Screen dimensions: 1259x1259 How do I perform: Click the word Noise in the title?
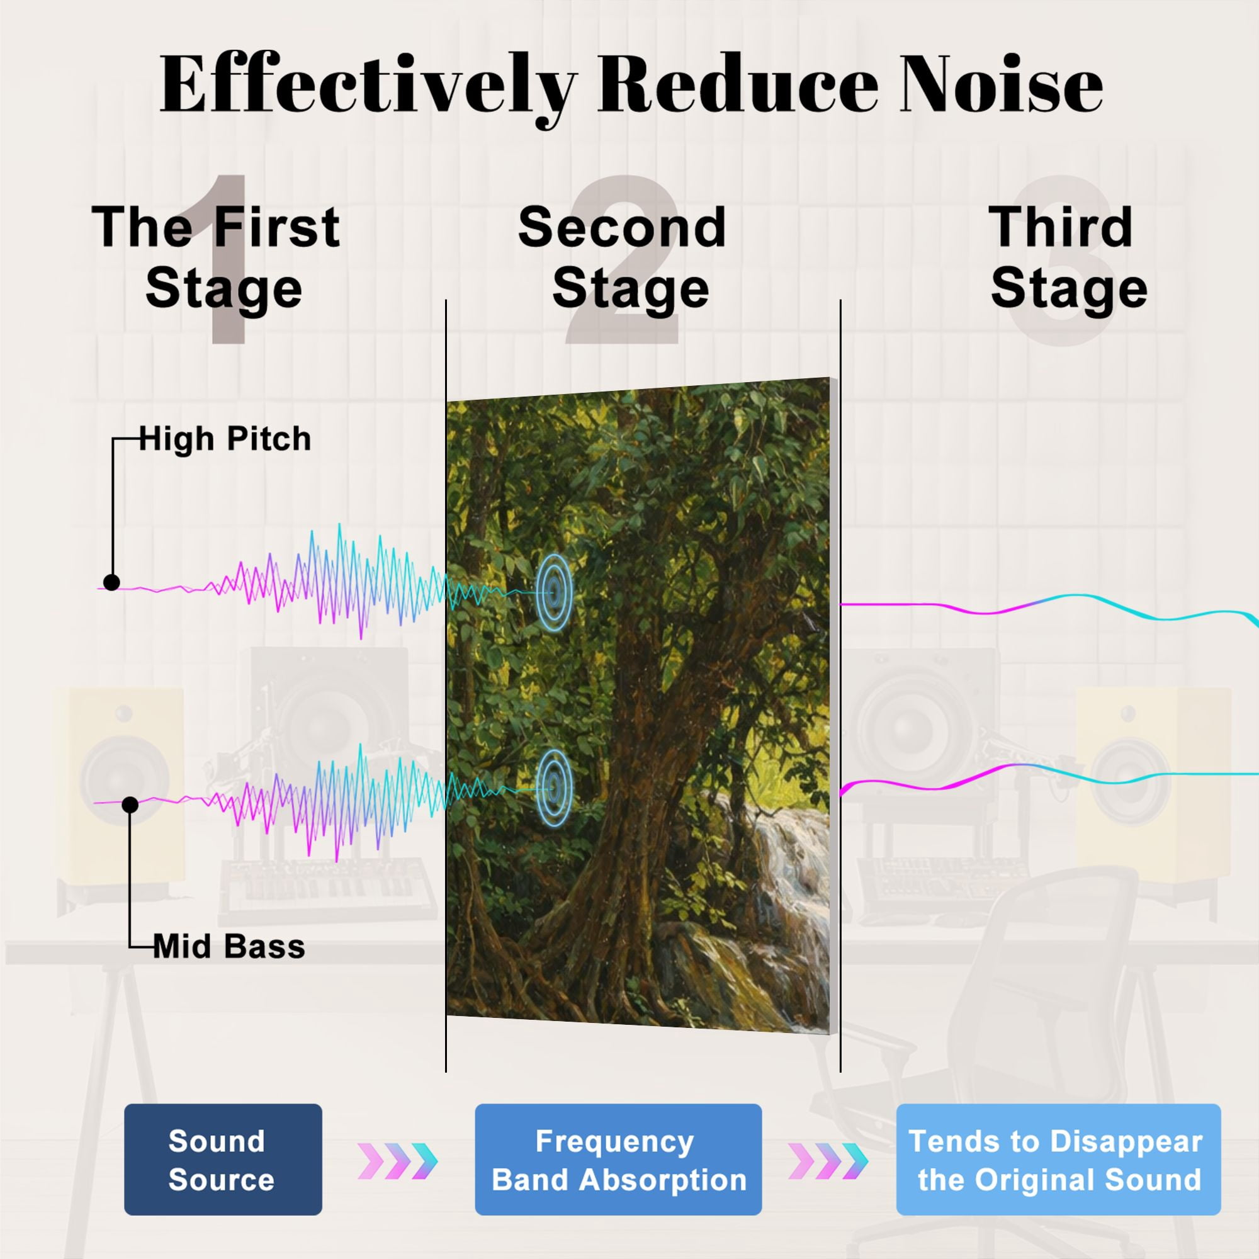pyautogui.click(x=1002, y=84)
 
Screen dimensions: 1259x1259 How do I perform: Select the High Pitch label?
pyautogui.click(x=225, y=439)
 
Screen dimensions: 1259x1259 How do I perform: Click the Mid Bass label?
pyautogui.click(x=229, y=947)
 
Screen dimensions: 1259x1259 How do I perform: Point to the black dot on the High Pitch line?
pyautogui.click(x=111, y=582)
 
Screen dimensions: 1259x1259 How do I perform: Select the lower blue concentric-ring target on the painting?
pyautogui.click(x=554, y=788)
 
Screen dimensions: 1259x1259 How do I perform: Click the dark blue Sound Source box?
pyautogui.click(x=223, y=1160)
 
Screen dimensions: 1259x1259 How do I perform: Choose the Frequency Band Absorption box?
pyautogui.click(x=618, y=1160)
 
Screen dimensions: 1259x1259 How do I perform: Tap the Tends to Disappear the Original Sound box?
pyautogui.click(x=1058, y=1160)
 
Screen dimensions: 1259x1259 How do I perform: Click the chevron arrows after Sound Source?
pyautogui.click(x=397, y=1161)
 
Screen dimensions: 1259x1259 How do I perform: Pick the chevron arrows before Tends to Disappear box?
pyautogui.click(x=828, y=1161)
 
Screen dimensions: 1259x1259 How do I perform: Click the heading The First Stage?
pyautogui.click(x=217, y=257)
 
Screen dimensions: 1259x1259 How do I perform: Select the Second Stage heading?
pyautogui.click(x=623, y=257)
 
